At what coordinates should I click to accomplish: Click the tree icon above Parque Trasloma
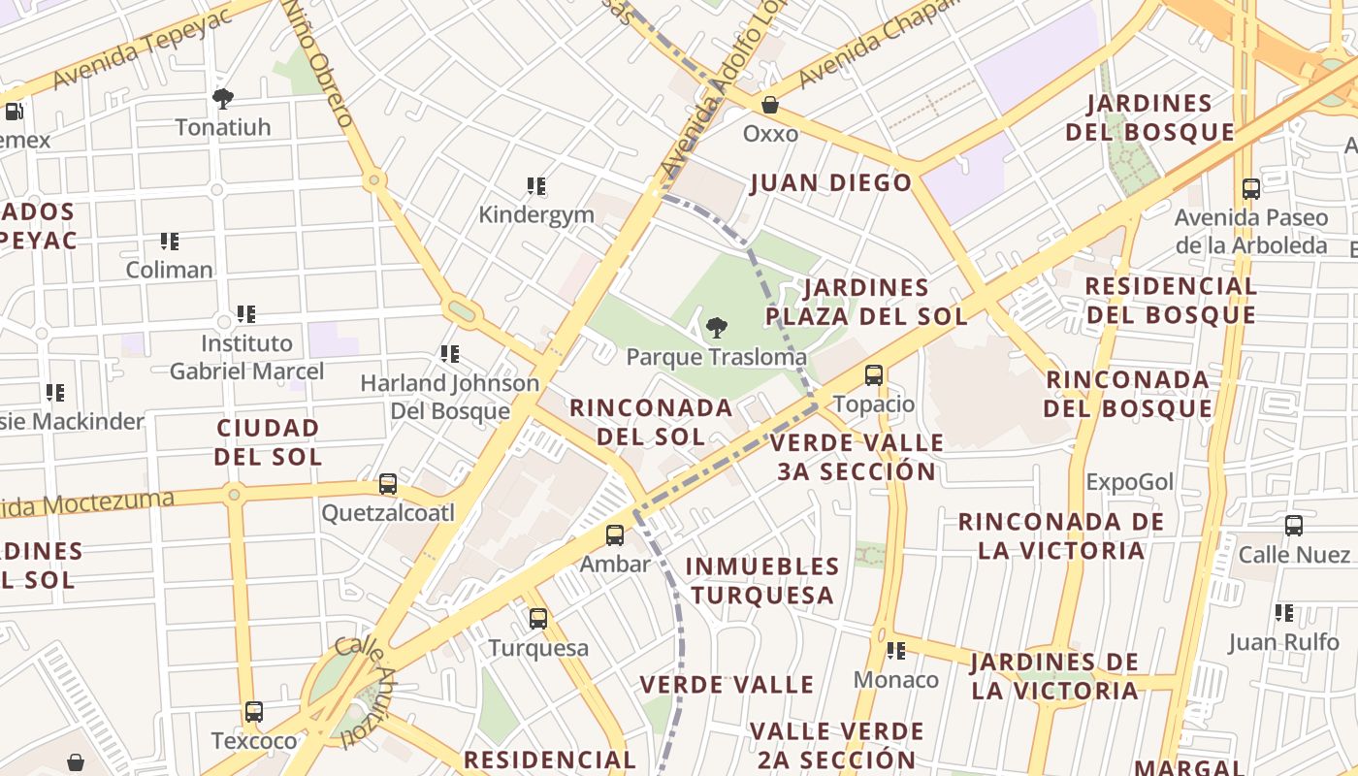click(x=717, y=328)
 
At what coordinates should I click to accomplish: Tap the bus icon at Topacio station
click(x=874, y=375)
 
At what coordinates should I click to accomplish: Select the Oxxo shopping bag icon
click(x=770, y=105)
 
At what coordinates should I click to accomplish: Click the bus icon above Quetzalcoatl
click(x=388, y=483)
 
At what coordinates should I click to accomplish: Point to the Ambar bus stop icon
click(x=615, y=534)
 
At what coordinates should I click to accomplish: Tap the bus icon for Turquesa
click(x=538, y=618)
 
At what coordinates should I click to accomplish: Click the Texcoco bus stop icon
click(x=254, y=712)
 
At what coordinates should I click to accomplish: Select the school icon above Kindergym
click(x=536, y=186)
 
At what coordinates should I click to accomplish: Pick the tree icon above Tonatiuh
click(x=223, y=98)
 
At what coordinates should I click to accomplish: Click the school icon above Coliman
click(x=170, y=241)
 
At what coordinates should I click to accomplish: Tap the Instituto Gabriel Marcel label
click(x=246, y=357)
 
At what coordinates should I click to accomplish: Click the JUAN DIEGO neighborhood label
click(x=831, y=182)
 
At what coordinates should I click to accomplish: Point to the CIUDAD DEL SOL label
click(x=268, y=441)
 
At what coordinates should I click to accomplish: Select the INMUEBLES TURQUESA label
click(x=762, y=580)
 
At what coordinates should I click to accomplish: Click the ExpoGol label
click(x=1130, y=481)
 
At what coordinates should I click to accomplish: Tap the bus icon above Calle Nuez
click(x=1294, y=526)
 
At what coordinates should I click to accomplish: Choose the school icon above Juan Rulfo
click(x=1284, y=613)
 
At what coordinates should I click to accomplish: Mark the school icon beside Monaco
click(x=896, y=651)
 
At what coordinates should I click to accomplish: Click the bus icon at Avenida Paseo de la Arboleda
click(x=1251, y=189)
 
